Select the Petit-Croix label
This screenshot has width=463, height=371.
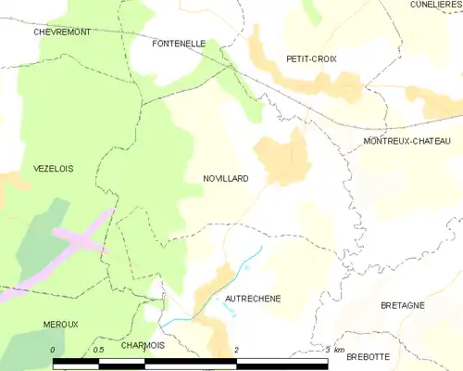(311, 58)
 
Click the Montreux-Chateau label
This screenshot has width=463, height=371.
(407, 140)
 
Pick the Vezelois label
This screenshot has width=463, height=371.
(27, 168)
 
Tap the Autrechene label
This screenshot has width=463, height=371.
(253, 299)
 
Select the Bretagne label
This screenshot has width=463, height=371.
(402, 304)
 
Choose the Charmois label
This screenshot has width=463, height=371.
(143, 345)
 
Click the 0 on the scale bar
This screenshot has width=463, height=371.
(54, 350)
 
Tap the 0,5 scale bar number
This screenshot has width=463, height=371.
(97, 350)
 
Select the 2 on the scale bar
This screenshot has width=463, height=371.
(236, 350)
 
